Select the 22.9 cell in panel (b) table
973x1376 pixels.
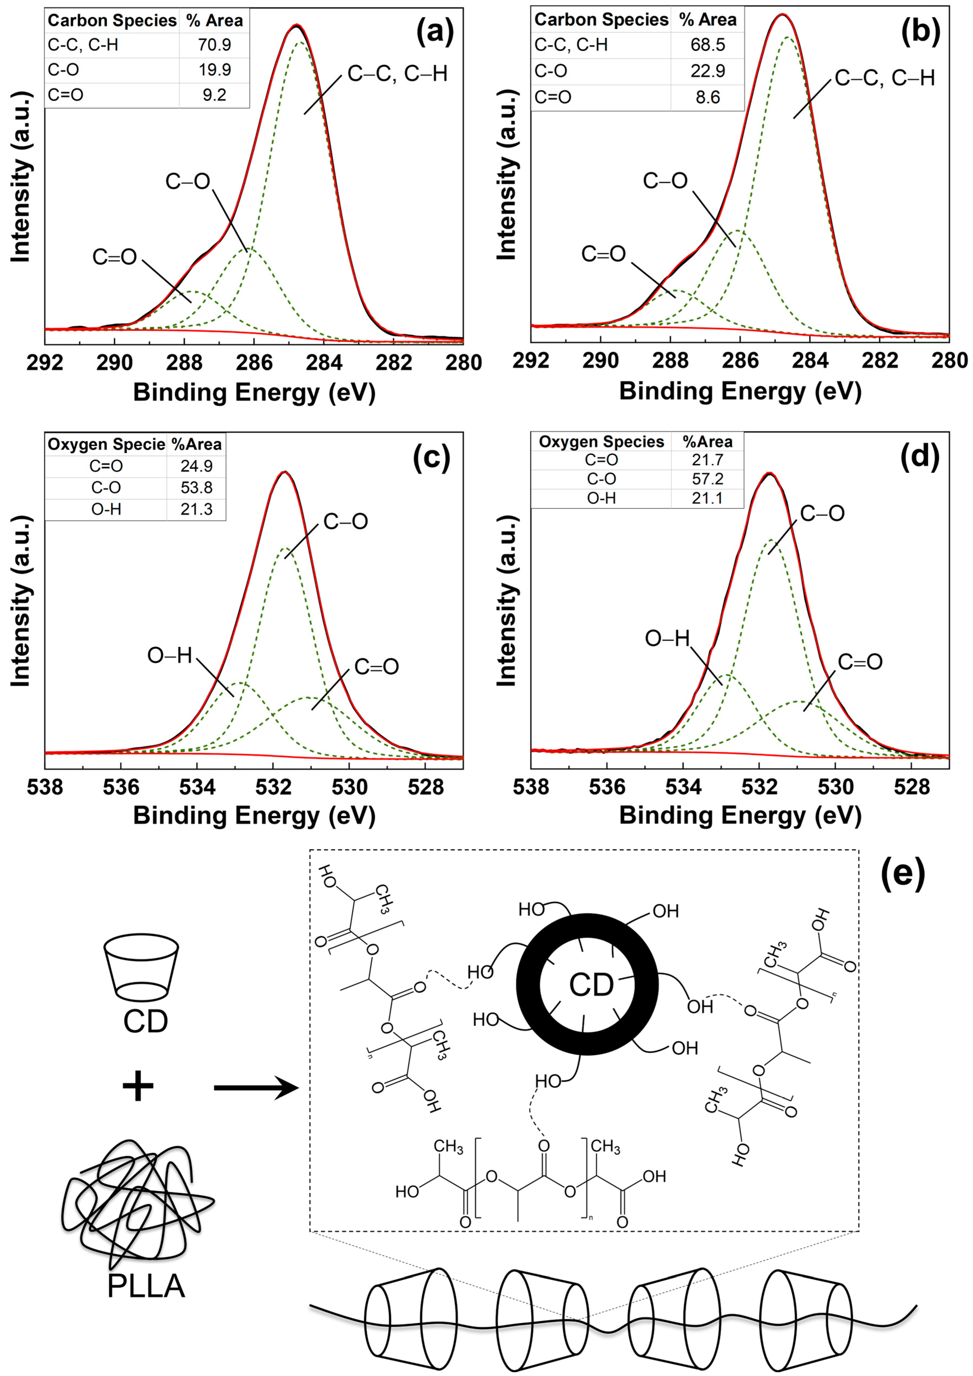coord(707,71)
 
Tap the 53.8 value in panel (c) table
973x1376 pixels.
coord(197,487)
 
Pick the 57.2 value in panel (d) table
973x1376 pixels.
coord(707,479)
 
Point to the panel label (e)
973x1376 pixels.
coord(903,874)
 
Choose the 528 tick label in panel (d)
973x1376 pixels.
coord(911,787)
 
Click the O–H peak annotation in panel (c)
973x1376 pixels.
coord(170,656)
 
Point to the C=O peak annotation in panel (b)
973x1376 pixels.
coord(603,254)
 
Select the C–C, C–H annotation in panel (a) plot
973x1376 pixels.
coord(397,74)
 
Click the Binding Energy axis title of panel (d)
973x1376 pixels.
coord(740,815)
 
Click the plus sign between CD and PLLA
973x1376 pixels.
coord(138,1085)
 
